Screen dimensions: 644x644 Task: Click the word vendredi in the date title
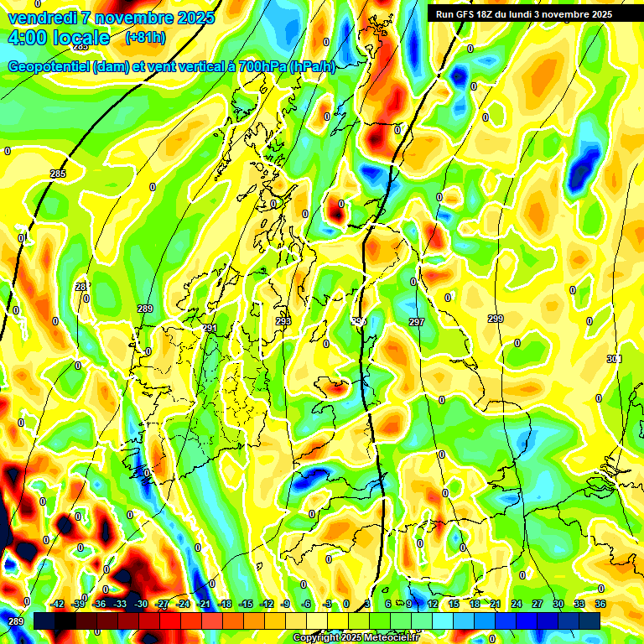(41, 18)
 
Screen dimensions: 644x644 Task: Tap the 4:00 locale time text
(58, 38)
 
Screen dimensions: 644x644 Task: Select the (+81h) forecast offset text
(145, 38)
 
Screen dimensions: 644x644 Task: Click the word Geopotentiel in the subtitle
(50, 67)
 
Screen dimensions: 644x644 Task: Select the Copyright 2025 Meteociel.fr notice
(356, 638)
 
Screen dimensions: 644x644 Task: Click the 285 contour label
(58, 174)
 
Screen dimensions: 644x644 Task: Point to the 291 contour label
(210, 328)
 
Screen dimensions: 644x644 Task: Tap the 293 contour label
(283, 321)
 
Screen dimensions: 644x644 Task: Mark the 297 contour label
(417, 322)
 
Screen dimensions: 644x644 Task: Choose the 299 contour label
(496, 319)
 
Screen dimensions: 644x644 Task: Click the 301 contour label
(615, 359)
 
